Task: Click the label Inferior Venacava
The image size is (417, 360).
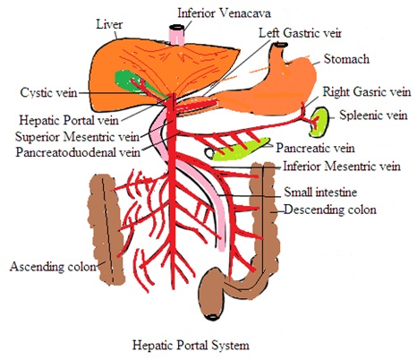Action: (224, 13)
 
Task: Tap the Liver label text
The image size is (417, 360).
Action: (109, 24)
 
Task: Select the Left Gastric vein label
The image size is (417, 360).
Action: (300, 33)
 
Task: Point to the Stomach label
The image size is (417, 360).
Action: (346, 59)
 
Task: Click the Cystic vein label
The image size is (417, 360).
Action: (48, 92)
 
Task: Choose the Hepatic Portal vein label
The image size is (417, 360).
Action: (69, 120)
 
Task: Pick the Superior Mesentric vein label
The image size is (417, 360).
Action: (77, 137)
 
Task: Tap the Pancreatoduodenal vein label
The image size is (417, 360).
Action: (78, 152)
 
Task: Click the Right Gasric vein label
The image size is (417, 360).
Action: (367, 91)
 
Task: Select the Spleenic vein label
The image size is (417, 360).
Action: (373, 116)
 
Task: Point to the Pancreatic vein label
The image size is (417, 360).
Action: (315, 148)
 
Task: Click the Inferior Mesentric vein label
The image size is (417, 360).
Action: (342, 166)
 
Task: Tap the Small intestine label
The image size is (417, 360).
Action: (320, 192)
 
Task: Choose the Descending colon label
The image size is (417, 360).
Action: (330, 210)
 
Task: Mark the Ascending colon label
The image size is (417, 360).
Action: (53, 266)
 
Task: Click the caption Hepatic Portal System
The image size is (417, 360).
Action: (191, 345)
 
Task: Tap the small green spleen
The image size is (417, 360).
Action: (319, 122)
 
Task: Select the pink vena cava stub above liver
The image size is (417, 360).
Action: (177, 35)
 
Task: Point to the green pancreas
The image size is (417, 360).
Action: (240, 149)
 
